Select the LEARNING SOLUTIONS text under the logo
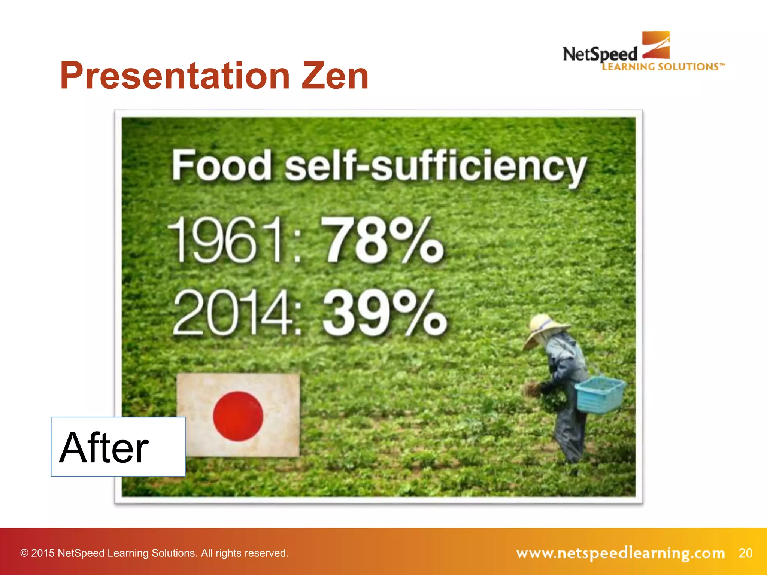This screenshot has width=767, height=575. pyautogui.click(x=661, y=67)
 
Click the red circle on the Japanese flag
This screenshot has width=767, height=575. pyautogui.click(x=238, y=416)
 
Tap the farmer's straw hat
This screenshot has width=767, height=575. pyautogui.click(x=544, y=329)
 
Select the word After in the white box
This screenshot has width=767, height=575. pyautogui.click(x=104, y=447)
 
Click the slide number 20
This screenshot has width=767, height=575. pyautogui.click(x=745, y=553)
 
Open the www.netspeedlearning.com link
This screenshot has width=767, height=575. pyautogui.click(x=620, y=553)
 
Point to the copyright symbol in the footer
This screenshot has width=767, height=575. pyautogui.click(x=24, y=553)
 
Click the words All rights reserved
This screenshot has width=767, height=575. pyautogui.click(x=245, y=553)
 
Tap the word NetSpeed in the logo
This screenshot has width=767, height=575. pyautogui.click(x=600, y=54)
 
